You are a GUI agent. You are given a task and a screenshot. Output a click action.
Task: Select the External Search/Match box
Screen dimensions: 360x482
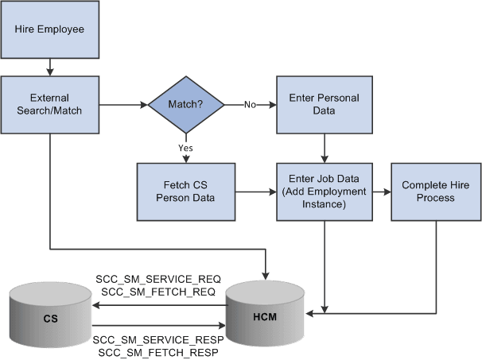(x=49, y=104)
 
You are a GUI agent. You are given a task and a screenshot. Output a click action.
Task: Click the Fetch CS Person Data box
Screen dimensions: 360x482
(x=186, y=192)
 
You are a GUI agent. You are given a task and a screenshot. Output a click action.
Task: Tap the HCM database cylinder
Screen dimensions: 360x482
(x=265, y=312)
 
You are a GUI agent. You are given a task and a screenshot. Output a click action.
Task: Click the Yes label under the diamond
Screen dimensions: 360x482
(x=185, y=148)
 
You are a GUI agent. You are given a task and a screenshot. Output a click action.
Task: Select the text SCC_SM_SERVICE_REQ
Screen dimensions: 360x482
(x=157, y=279)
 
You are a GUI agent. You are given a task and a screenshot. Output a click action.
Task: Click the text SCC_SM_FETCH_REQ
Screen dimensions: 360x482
(x=157, y=292)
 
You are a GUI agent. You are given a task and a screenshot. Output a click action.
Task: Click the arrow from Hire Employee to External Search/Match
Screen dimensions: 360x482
(x=49, y=67)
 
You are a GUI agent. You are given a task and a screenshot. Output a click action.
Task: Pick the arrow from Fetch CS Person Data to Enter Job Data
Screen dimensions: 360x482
(x=255, y=192)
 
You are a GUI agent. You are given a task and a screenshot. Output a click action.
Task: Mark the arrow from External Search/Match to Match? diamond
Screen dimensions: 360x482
(x=123, y=104)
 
